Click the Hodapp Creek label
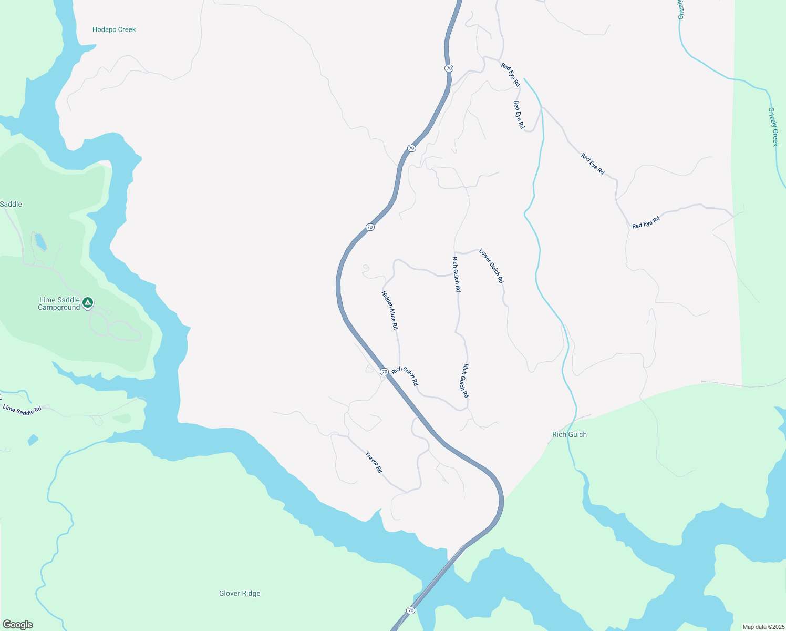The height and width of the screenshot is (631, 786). [x=114, y=29]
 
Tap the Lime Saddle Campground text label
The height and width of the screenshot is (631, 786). [x=59, y=303]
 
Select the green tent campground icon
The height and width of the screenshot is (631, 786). [x=88, y=302]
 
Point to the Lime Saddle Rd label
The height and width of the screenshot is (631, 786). [x=22, y=410]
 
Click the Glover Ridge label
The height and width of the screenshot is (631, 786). [x=240, y=593]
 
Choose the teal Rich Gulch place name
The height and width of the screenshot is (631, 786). [x=570, y=434]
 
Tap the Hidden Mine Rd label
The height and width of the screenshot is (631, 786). [x=390, y=310]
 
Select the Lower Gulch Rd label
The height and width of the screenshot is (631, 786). [x=491, y=266]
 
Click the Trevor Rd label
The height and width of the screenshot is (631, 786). [x=374, y=462]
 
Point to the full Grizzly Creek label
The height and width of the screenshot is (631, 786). [x=773, y=127]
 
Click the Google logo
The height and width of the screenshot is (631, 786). [x=18, y=625]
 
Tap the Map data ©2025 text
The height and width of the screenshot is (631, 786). [x=763, y=627]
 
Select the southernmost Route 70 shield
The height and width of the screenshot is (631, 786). [x=410, y=610]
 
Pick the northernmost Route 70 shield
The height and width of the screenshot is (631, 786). [x=449, y=68]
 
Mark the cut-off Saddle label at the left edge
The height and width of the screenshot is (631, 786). [x=11, y=204]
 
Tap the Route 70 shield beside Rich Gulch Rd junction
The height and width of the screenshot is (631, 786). [x=385, y=372]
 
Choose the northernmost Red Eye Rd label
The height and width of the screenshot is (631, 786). [x=510, y=75]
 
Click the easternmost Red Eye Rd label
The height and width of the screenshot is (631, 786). [x=646, y=222]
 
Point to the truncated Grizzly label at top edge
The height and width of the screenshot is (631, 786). [x=681, y=9]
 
